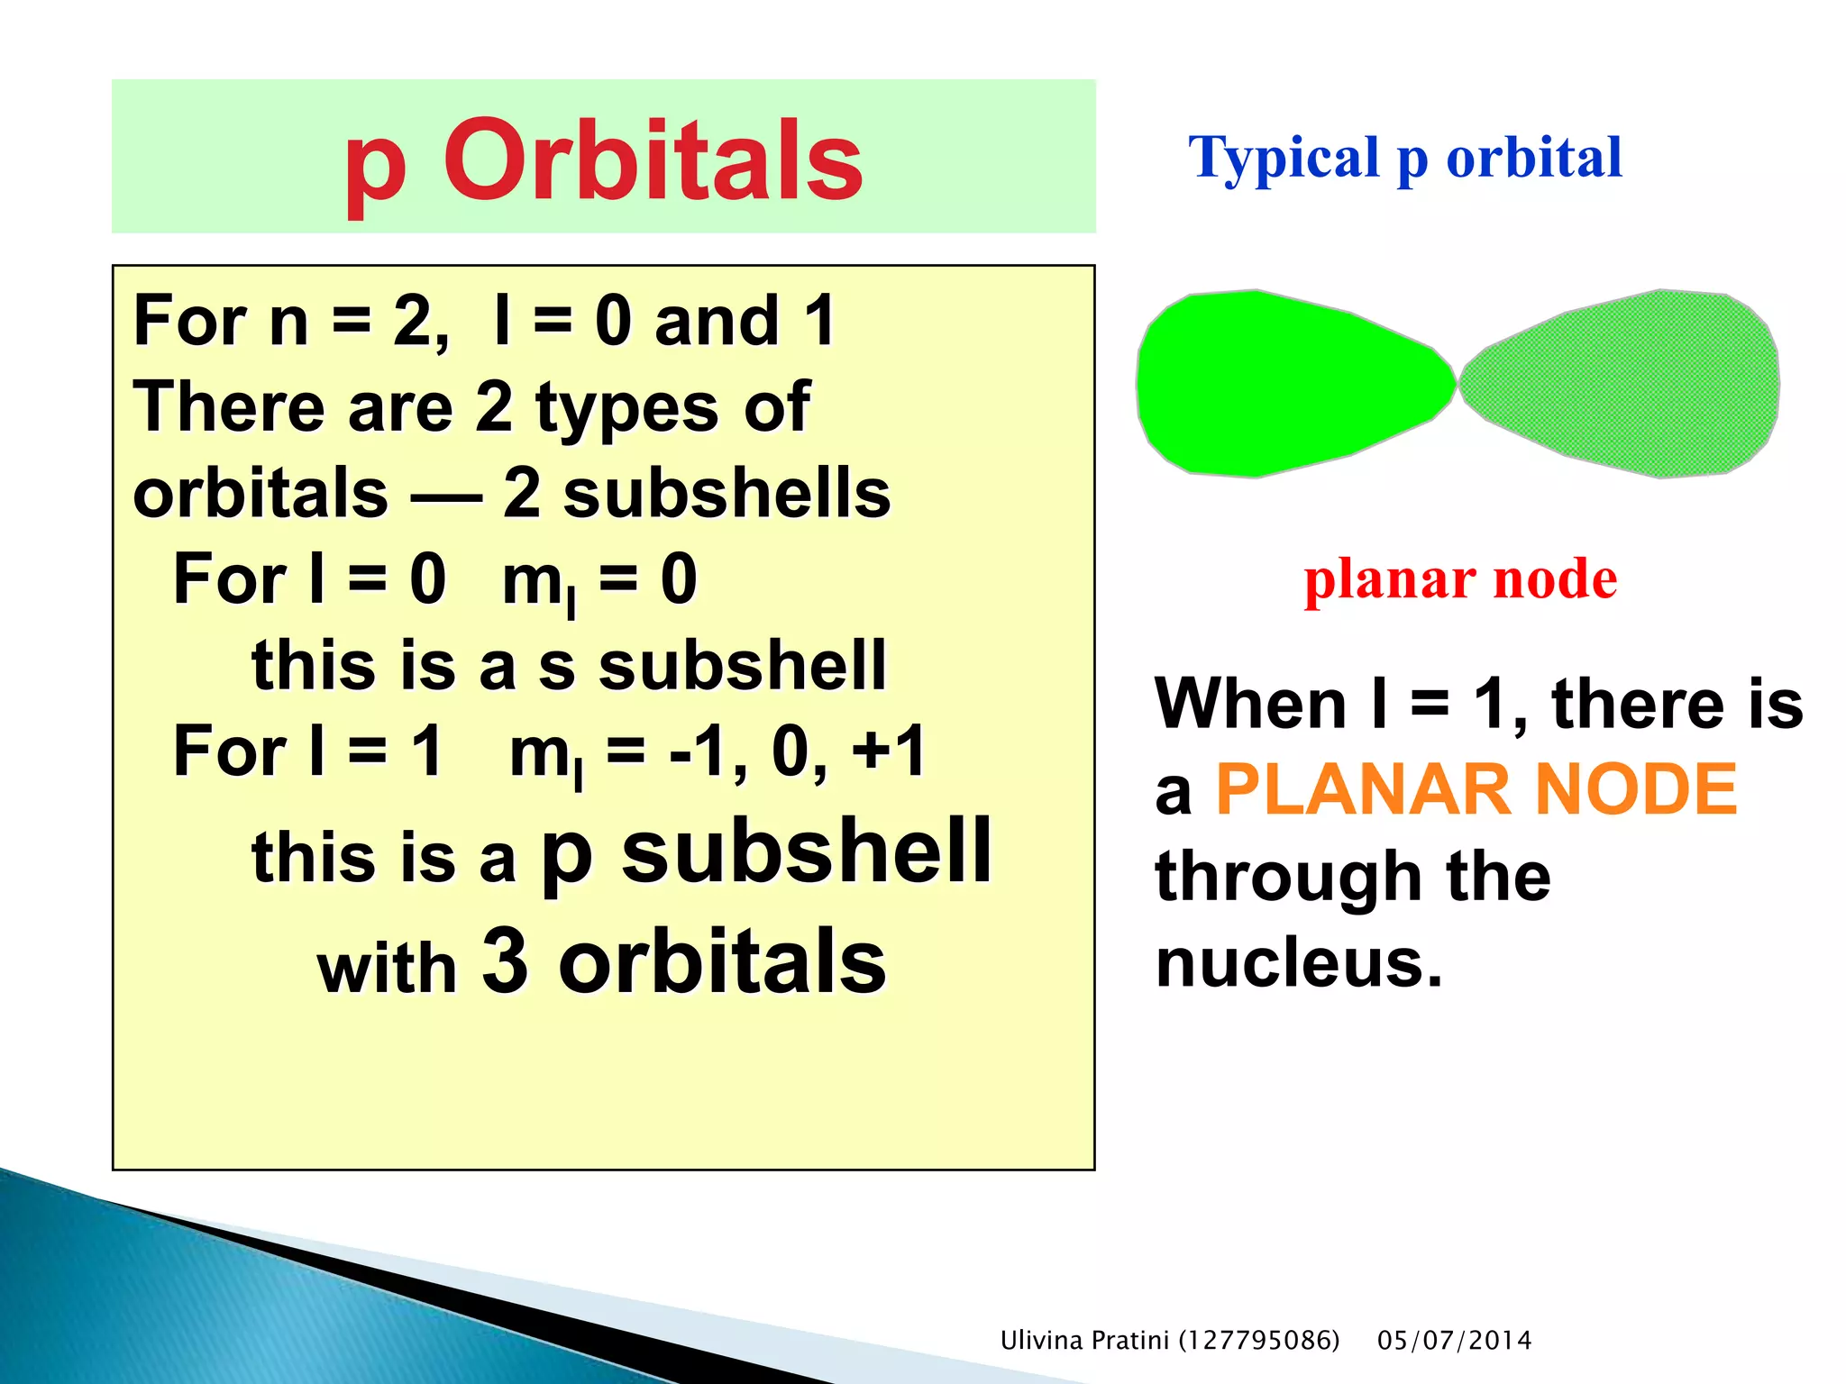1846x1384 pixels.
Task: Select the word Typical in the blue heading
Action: [x=1284, y=159]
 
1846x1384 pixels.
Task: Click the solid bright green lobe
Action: [x=1289, y=383]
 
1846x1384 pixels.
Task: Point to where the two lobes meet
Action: [x=1458, y=382]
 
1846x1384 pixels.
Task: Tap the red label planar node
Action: [x=1460, y=578]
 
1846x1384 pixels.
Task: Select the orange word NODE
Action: [x=1636, y=789]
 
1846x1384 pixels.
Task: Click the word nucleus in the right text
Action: [x=1298, y=962]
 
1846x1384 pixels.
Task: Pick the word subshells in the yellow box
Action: [x=727, y=494]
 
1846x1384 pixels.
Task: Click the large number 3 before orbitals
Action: [x=505, y=961]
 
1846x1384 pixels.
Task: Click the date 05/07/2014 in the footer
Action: [x=1454, y=1340]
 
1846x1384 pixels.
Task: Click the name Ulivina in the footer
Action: [x=1041, y=1340]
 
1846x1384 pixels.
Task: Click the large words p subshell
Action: [x=766, y=851]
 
